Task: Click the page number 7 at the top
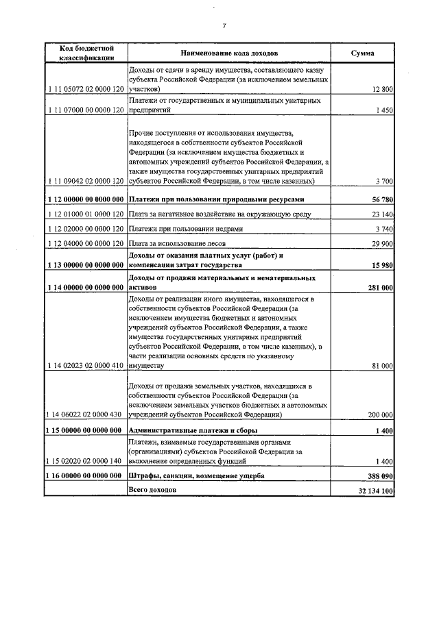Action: pos(224,26)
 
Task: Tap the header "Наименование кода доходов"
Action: pos(229,53)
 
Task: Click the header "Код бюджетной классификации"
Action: pos(86,53)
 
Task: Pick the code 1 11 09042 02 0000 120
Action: pos(86,182)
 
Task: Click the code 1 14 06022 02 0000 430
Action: pos(86,415)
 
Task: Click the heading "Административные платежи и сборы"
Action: pos(193,430)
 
